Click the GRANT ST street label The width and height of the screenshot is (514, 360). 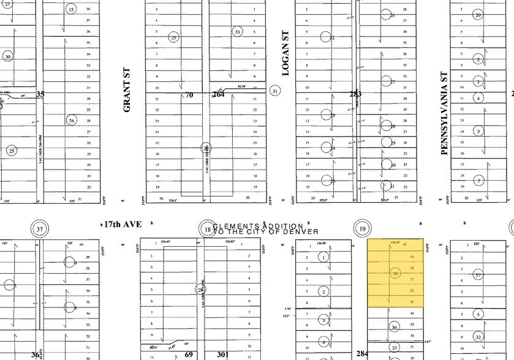[127, 89]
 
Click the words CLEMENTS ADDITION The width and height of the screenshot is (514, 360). [258, 226]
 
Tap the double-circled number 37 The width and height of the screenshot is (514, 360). [40, 230]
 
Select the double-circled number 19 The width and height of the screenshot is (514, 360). [363, 230]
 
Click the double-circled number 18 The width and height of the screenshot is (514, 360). [208, 230]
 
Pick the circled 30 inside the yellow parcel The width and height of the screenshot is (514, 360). [395, 273]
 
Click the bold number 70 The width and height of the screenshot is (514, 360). [189, 94]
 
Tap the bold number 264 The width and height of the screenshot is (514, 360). [219, 94]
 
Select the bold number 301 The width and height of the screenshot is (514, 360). [222, 354]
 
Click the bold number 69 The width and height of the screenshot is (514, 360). [189, 354]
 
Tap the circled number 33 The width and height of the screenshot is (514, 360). [237, 31]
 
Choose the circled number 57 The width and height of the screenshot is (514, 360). [478, 276]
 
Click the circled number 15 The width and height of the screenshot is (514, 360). [71, 9]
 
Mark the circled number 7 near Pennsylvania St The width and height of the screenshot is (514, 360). [479, 181]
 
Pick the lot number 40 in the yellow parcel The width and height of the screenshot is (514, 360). [406, 245]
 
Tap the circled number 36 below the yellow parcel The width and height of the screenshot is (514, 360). [395, 328]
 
